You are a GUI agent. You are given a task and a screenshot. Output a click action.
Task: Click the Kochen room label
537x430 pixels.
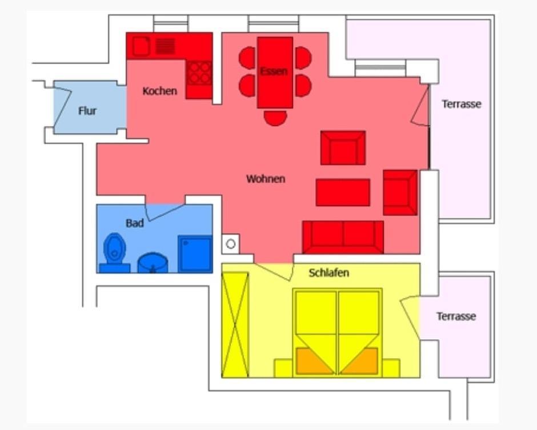pyautogui.click(x=159, y=91)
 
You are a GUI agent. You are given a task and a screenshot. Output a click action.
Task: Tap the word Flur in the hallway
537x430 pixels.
pyautogui.click(x=87, y=111)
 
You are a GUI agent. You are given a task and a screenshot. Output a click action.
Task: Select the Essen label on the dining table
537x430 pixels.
pyautogui.click(x=274, y=71)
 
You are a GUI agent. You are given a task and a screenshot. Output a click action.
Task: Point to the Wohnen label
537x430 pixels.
pyautogui.click(x=266, y=179)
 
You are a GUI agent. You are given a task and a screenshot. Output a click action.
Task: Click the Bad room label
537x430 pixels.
pyautogui.click(x=135, y=223)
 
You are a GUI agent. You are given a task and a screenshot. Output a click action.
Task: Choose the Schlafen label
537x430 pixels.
pyautogui.click(x=329, y=273)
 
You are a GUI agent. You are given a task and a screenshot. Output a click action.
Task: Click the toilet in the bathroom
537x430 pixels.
pyautogui.click(x=115, y=252)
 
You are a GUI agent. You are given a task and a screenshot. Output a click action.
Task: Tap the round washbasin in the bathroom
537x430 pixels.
pyautogui.click(x=153, y=263)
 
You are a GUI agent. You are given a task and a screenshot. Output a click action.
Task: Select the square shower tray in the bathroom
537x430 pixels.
pyautogui.click(x=195, y=254)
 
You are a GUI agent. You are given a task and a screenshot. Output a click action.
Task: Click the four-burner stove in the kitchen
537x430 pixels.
pyautogui.click(x=199, y=73)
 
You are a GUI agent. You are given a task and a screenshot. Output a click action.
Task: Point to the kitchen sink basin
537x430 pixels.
pyautogui.click(x=142, y=46)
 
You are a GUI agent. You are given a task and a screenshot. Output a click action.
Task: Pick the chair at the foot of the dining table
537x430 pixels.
pyautogui.click(x=275, y=118)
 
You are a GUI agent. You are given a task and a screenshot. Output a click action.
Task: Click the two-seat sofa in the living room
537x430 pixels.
pyautogui.click(x=343, y=237)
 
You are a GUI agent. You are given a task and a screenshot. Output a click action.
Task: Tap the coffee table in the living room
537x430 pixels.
pyautogui.click(x=343, y=192)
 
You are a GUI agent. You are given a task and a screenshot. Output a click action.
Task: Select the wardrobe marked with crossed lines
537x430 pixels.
pyautogui.click(x=235, y=325)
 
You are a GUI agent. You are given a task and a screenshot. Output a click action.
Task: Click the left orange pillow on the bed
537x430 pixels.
pyautogui.click(x=314, y=361)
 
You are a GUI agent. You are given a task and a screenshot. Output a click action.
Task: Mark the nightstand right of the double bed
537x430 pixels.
pyautogui.click(x=391, y=368)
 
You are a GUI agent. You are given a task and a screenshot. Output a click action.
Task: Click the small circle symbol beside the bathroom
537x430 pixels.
pyautogui.click(x=231, y=244)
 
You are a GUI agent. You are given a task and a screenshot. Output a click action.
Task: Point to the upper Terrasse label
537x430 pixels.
pyautogui.click(x=462, y=104)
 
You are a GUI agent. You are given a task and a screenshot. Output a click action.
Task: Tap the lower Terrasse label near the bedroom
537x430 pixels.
pyautogui.click(x=456, y=316)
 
